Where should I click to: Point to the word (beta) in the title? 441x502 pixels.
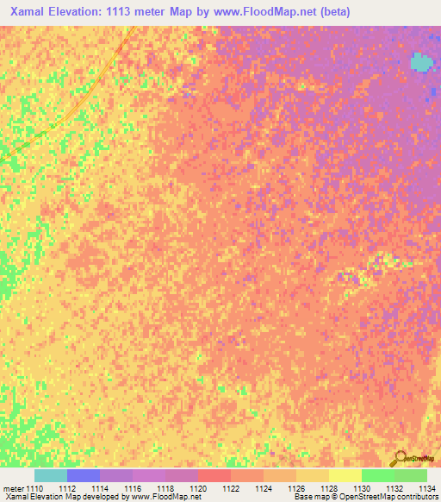(x=330, y=12)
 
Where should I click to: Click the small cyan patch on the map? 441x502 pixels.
(x=420, y=62)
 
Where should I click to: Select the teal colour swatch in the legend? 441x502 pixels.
(x=50, y=475)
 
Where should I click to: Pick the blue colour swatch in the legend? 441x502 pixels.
(x=83, y=475)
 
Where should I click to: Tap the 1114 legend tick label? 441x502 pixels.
(x=100, y=489)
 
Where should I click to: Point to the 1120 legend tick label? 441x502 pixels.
(x=198, y=489)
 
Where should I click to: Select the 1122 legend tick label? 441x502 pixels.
(x=231, y=489)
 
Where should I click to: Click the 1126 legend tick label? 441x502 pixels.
(x=296, y=489)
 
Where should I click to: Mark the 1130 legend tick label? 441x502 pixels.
(x=362, y=489)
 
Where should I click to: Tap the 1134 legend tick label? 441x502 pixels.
(x=426, y=489)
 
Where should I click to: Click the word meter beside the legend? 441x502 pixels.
(x=12, y=489)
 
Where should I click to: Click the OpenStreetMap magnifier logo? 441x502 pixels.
(x=401, y=459)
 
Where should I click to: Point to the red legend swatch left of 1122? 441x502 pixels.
(x=214, y=475)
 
